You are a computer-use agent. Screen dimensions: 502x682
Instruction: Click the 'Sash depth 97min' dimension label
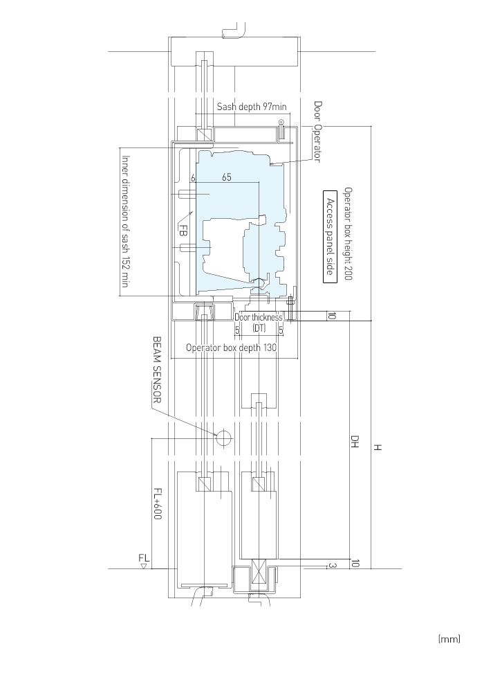(x=252, y=107)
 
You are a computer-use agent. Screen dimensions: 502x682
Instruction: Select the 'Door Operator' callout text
(x=318, y=132)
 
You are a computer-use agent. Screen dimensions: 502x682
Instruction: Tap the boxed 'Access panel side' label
(x=330, y=237)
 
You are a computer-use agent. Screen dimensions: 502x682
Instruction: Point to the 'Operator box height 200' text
(x=348, y=233)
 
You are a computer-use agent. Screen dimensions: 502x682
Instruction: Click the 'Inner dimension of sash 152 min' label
(x=126, y=221)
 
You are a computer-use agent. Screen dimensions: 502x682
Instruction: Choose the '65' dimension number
(x=227, y=177)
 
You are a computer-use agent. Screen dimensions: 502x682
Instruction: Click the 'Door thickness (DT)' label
(x=259, y=322)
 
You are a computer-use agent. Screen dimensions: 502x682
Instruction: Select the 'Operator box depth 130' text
(x=231, y=348)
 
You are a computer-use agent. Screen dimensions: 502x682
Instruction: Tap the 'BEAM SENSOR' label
(x=157, y=369)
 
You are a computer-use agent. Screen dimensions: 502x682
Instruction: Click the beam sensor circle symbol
(x=224, y=438)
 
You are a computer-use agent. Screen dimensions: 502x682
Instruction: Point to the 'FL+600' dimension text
(x=158, y=503)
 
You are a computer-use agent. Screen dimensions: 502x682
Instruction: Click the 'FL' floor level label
(x=144, y=557)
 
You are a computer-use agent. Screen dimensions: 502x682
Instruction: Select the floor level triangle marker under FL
(x=144, y=566)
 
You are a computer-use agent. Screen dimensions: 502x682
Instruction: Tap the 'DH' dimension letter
(x=355, y=442)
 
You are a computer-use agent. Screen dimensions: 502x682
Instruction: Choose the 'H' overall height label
(x=378, y=447)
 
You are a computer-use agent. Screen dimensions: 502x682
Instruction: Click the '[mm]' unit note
(x=449, y=639)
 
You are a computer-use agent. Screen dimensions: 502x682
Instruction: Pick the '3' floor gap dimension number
(x=332, y=566)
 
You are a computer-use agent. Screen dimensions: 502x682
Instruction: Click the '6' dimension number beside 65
(x=193, y=177)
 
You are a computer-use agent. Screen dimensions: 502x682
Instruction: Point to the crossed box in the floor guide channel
(x=259, y=575)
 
